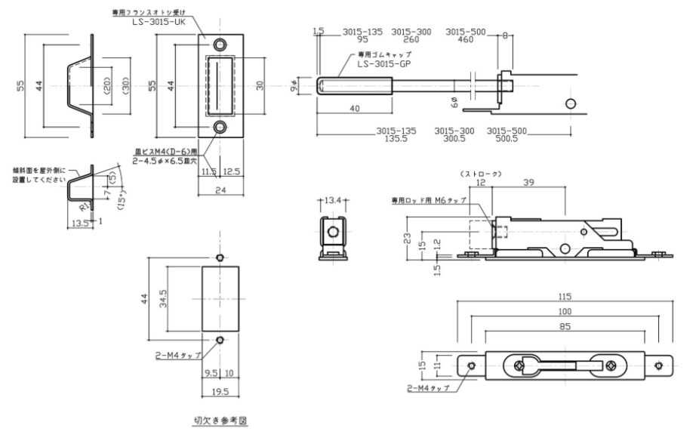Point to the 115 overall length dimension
tap(565, 295)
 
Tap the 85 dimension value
tap(565, 326)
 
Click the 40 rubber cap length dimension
tap(353, 108)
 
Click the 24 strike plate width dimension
tap(220, 191)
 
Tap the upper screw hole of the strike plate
tap(220, 43)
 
